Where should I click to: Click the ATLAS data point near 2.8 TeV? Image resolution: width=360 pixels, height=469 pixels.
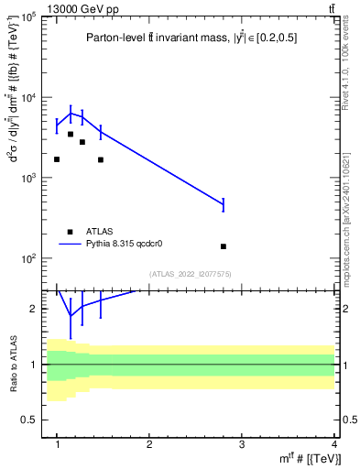(x=224, y=246)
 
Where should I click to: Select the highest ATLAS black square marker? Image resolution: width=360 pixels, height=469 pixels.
(x=71, y=134)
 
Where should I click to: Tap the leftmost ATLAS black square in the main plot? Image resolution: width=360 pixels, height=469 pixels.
(x=57, y=159)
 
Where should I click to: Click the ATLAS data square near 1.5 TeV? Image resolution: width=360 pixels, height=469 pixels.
(x=101, y=159)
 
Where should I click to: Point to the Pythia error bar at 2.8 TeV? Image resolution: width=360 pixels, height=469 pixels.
(x=224, y=204)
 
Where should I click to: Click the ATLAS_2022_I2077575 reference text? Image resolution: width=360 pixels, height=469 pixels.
(x=191, y=273)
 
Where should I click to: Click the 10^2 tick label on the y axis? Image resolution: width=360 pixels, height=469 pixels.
(x=29, y=258)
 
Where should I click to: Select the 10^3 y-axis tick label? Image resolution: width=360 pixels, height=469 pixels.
(x=29, y=178)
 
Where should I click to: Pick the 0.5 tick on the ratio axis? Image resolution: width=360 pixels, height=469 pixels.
(x=31, y=420)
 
